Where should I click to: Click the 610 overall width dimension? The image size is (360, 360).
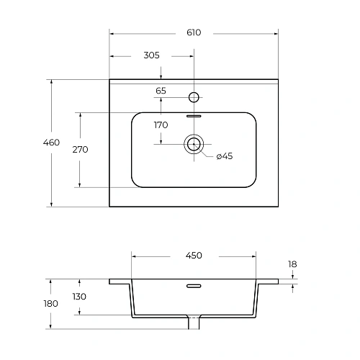click(194, 32)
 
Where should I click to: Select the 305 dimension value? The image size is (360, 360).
click(151, 55)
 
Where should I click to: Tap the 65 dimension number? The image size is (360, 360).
click(161, 91)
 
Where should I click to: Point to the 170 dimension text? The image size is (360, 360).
click(161, 125)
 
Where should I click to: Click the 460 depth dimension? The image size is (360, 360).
click(51, 143)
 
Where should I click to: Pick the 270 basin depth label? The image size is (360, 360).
click(80, 150)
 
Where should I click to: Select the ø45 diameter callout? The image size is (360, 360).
click(225, 156)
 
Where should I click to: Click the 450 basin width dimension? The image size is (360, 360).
click(194, 256)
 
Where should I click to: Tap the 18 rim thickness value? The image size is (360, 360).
click(292, 264)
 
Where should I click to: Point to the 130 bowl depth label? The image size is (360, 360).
click(79, 297)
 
